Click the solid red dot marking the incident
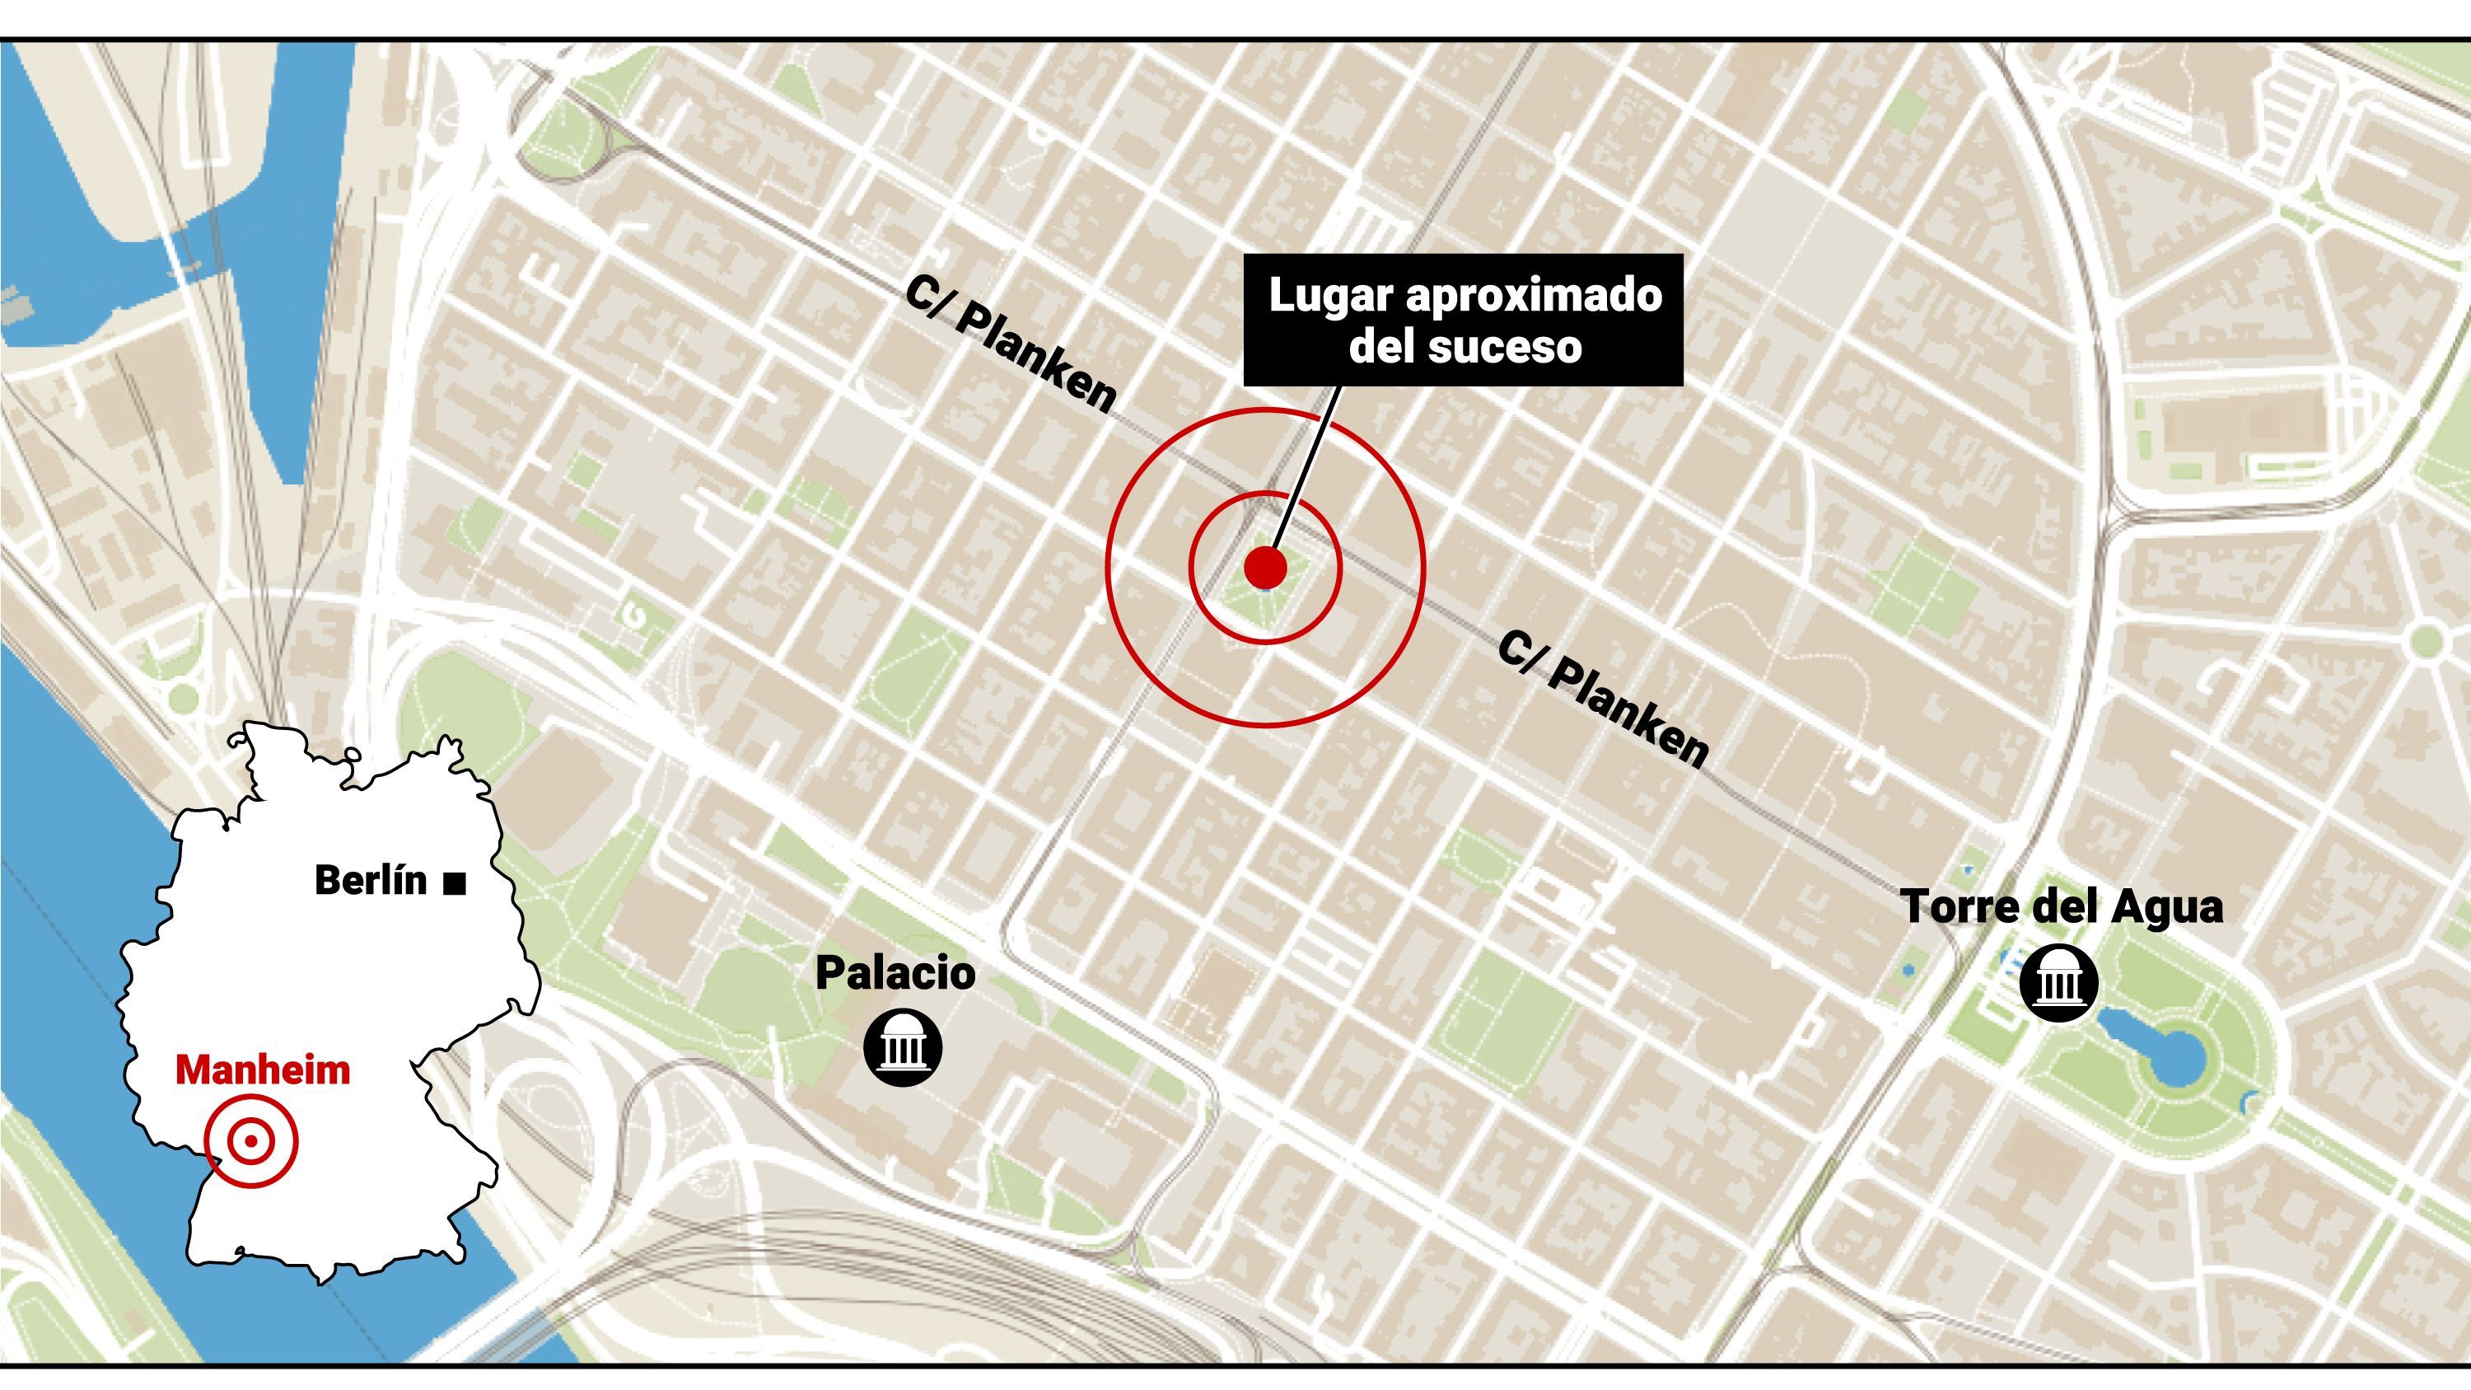coord(1264,568)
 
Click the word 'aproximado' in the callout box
coord(1534,297)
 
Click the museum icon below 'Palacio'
coord(903,1046)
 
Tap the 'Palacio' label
coord(895,973)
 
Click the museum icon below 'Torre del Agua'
coord(2058,982)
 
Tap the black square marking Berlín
coord(455,882)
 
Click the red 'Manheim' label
coord(262,1070)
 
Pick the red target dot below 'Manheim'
coord(250,1141)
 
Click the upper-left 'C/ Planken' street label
coord(1010,346)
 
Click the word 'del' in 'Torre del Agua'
coord(2063,906)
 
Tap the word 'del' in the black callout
coord(1382,346)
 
